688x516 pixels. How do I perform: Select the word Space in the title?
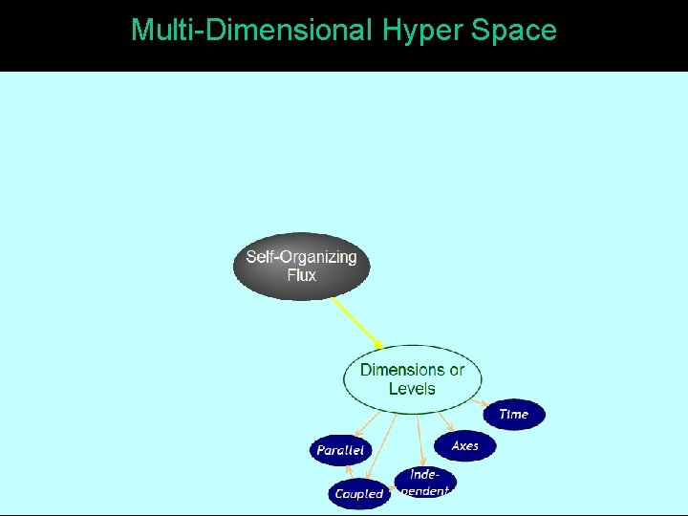(x=514, y=31)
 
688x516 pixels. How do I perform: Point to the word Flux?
(x=301, y=275)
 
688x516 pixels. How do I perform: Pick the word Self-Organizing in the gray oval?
(x=301, y=256)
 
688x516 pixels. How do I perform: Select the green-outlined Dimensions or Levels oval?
(x=412, y=379)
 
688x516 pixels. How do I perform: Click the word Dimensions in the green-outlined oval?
(x=401, y=370)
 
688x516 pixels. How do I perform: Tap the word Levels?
(x=412, y=389)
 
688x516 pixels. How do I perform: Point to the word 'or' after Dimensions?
(x=457, y=370)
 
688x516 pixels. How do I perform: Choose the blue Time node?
(x=514, y=414)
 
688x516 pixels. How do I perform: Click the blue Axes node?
(x=465, y=446)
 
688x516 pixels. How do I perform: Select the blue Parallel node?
(x=340, y=450)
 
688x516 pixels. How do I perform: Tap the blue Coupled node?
(x=359, y=494)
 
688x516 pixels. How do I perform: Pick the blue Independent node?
(x=425, y=482)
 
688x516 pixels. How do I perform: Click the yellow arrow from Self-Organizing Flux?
(x=356, y=322)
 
